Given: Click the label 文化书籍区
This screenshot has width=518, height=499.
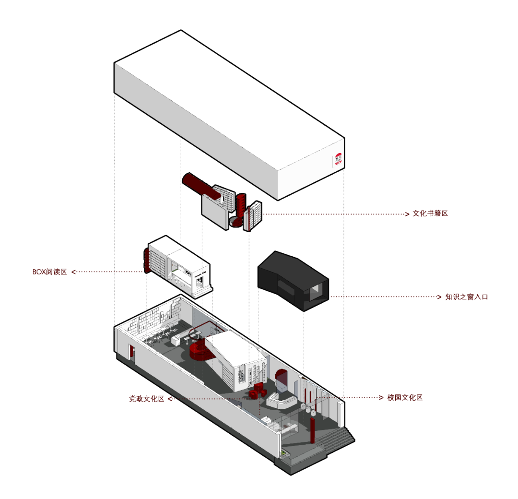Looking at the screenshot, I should click(430, 214).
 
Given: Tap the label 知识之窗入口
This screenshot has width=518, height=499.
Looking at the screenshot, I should click(466, 297).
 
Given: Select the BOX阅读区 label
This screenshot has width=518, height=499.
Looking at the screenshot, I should click(49, 272).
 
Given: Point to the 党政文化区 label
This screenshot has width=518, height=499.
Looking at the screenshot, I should click(146, 399).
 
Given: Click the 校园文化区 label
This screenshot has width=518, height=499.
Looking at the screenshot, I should click(405, 398).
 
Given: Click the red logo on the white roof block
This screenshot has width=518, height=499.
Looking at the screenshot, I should click(339, 159).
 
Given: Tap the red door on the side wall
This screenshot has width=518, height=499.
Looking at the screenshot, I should click(131, 352).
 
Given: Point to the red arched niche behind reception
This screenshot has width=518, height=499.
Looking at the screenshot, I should click(282, 379).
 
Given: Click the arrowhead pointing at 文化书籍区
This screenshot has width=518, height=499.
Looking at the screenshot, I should click(408, 214).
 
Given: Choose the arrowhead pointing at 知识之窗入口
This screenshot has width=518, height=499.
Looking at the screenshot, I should click(439, 297).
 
